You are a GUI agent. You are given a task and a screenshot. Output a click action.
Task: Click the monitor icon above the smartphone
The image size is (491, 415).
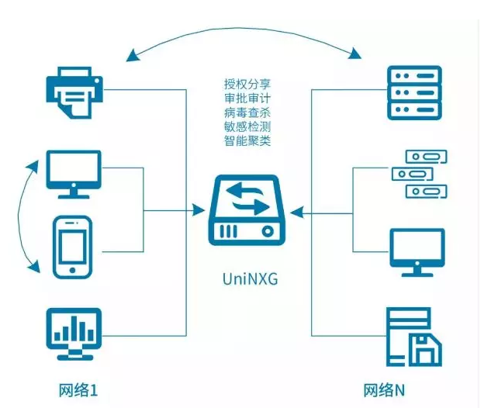point(74,172)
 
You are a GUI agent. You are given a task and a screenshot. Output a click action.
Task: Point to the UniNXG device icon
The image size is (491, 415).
point(245,211)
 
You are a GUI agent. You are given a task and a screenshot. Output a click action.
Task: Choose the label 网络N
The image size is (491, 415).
point(385,390)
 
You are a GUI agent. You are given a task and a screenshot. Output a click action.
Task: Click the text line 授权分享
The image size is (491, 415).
point(247,83)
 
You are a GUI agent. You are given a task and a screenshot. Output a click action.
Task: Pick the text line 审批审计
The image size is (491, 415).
point(247,98)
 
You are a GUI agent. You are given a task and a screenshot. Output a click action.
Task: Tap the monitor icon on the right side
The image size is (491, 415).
point(417,251)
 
